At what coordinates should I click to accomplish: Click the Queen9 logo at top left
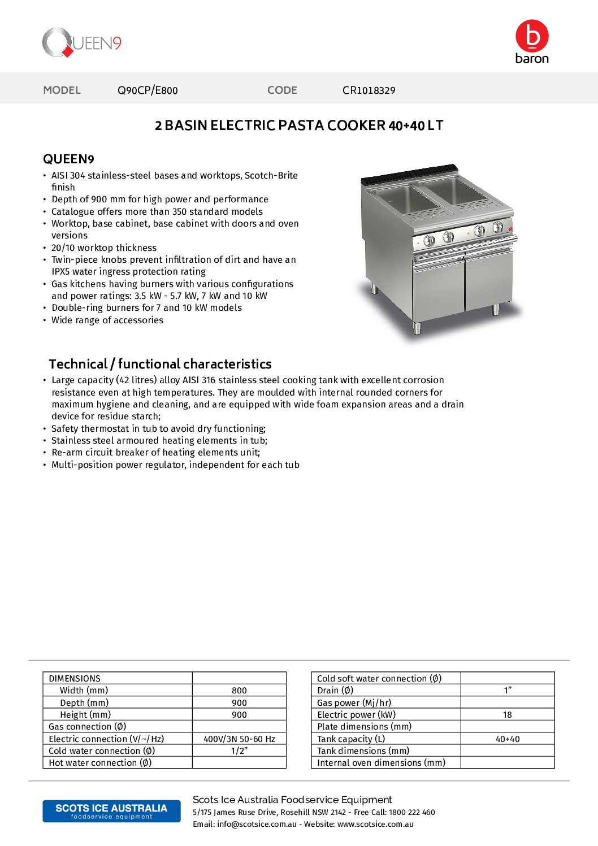coord(81,43)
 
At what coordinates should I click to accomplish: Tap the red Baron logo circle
coord(532,36)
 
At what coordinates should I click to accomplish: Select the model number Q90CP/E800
coord(148,90)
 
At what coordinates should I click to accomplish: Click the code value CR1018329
coord(369,90)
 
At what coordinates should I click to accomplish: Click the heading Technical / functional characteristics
coord(160,364)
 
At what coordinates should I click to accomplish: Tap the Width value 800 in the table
coord(239,691)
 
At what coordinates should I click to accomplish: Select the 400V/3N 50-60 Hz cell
coord(239,739)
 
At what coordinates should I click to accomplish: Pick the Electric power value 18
coord(507,715)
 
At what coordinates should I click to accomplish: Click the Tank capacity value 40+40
coord(507,739)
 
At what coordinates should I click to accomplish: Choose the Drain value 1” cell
coord(507,691)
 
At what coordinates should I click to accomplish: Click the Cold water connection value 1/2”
coord(239,751)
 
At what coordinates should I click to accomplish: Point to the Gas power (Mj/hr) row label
coord(354,703)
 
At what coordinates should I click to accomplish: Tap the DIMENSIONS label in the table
coord(75,679)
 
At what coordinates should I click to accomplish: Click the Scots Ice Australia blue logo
coord(111,811)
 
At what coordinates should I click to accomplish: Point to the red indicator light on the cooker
coord(510,229)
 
